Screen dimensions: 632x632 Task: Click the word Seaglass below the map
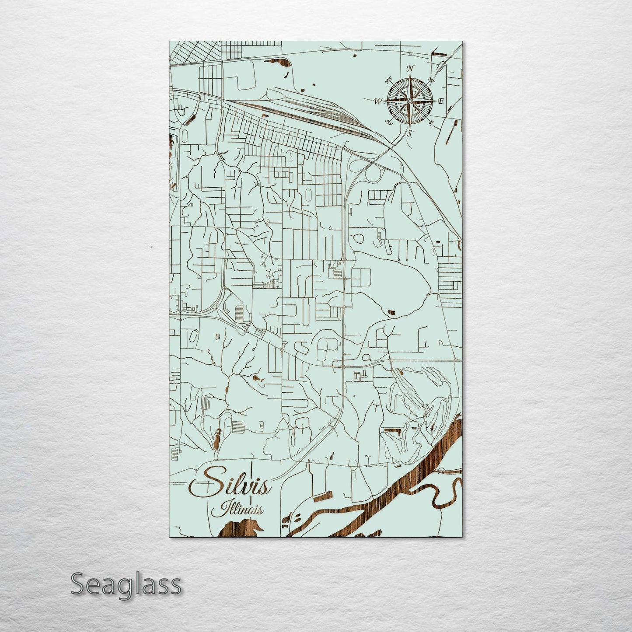[x=126, y=584]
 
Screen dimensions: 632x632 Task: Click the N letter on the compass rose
[x=410, y=68]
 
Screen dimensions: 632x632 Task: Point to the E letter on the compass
[x=441, y=101]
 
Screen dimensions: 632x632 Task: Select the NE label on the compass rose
[x=431, y=80]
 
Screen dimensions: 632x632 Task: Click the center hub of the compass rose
[x=409, y=101]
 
